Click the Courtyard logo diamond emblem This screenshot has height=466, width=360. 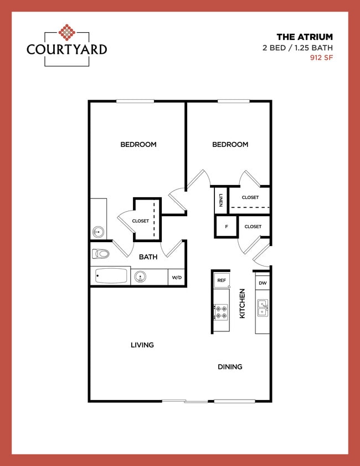coord(66,33)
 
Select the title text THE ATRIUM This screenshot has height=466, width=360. coord(305,37)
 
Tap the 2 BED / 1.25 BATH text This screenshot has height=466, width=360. coord(297,48)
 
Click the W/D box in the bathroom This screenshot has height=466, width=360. coord(176,277)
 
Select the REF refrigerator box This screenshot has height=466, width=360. coord(222,280)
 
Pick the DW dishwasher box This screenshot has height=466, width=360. coord(263,283)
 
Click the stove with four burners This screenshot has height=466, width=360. coord(222,312)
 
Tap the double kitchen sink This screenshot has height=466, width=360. coord(263,308)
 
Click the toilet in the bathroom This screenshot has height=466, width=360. coord(101,254)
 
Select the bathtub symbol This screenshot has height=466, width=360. coord(111,276)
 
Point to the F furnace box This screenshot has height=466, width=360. coord(226,227)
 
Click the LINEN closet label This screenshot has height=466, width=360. coord(221,200)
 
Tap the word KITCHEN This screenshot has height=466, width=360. coord(242,304)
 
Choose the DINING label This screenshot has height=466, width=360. coord(229,367)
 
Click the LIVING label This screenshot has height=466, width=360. coord(142,345)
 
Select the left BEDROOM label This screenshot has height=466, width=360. coord(138,145)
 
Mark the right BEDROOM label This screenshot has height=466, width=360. coord(230,145)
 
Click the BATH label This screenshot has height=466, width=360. coord(148,257)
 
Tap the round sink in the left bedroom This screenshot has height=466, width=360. coord(99,232)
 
